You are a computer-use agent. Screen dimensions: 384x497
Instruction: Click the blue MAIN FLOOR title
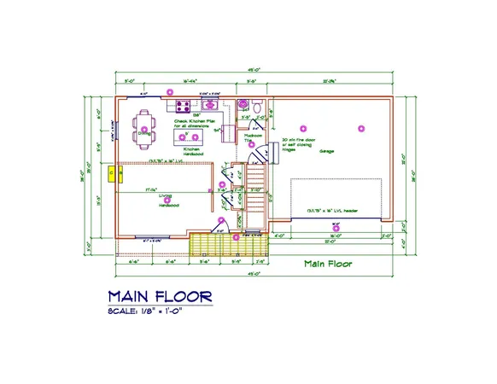160,295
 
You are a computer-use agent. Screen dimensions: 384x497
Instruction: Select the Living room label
165,197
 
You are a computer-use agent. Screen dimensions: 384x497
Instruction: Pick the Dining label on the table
143,132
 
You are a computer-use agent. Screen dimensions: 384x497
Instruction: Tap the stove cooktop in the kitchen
183,107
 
